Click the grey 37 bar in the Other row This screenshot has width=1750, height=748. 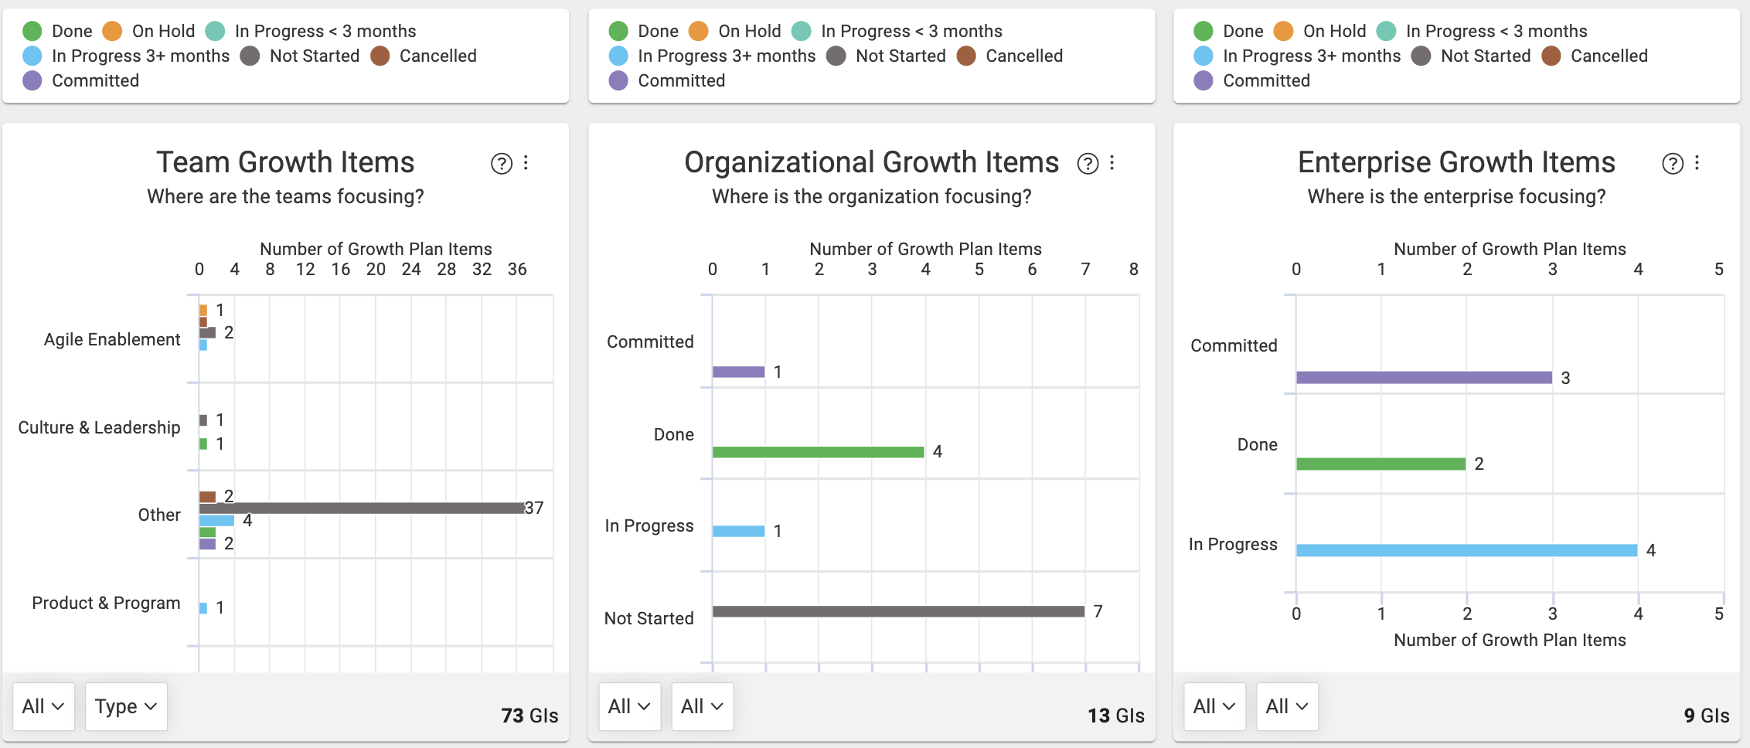tap(362, 508)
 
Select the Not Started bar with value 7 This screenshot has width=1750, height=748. tap(898, 611)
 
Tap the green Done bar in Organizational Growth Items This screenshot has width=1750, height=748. tap(818, 452)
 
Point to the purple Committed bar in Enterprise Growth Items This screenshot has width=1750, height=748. tap(1424, 377)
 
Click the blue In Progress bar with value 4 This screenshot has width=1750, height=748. tap(1466, 550)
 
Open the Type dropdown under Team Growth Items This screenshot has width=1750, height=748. tap(126, 706)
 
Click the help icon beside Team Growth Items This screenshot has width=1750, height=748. tap(502, 163)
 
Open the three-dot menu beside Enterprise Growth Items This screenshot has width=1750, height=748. tap(1697, 163)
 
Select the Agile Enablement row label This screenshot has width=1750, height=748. tap(112, 339)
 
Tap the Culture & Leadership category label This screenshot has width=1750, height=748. tap(99, 427)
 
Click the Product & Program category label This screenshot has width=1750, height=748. tap(106, 603)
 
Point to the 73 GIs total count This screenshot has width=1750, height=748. tap(529, 716)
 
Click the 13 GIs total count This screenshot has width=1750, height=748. tap(1116, 716)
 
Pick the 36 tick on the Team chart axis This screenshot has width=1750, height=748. tap(517, 269)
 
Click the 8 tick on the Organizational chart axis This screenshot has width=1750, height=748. tap(1133, 269)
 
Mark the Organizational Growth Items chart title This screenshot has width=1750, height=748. tap(871, 162)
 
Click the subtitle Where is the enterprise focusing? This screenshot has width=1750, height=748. tap(1456, 196)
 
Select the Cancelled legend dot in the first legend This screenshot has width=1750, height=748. tap(380, 56)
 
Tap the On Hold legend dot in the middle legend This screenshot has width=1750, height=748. tap(698, 31)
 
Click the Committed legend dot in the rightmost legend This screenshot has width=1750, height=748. tap(1204, 80)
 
